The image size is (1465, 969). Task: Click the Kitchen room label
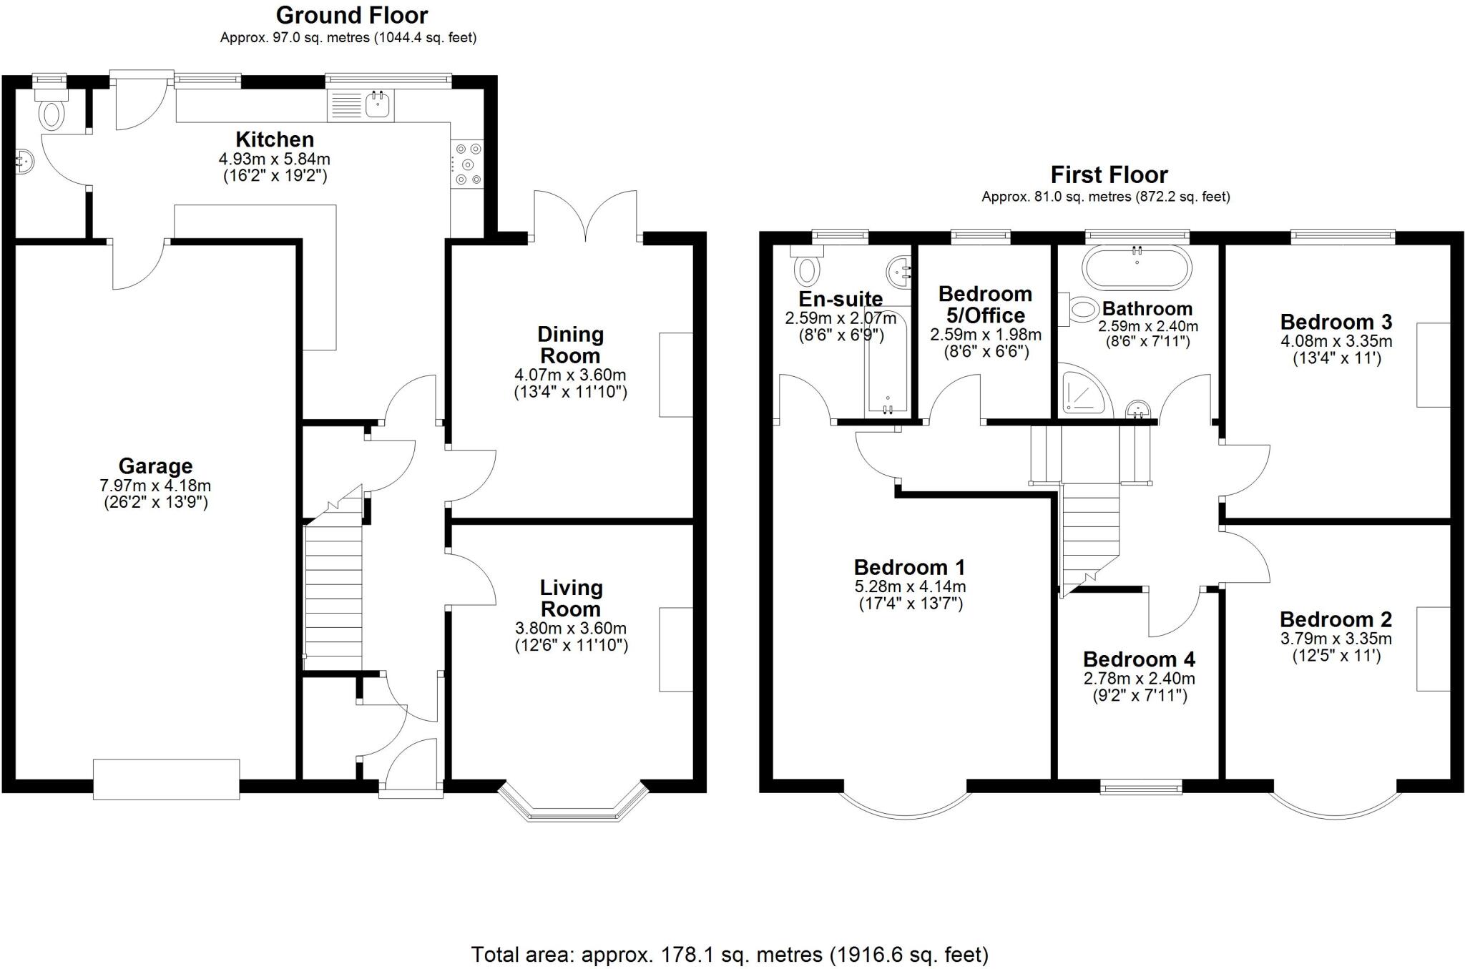[275, 139]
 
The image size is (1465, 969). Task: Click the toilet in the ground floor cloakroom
[52, 114]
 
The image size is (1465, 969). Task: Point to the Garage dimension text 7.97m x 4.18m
[155, 486]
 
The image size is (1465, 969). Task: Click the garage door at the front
[166, 779]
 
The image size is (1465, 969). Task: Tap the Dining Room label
[570, 345]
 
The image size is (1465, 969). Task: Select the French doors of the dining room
[585, 215]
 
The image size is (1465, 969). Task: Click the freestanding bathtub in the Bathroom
[1137, 268]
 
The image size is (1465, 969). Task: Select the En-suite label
[840, 299]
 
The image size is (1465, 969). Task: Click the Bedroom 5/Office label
[985, 304]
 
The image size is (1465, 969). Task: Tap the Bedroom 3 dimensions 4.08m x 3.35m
[1336, 341]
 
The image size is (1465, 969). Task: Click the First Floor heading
[1109, 174]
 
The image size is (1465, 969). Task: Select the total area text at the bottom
[730, 954]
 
